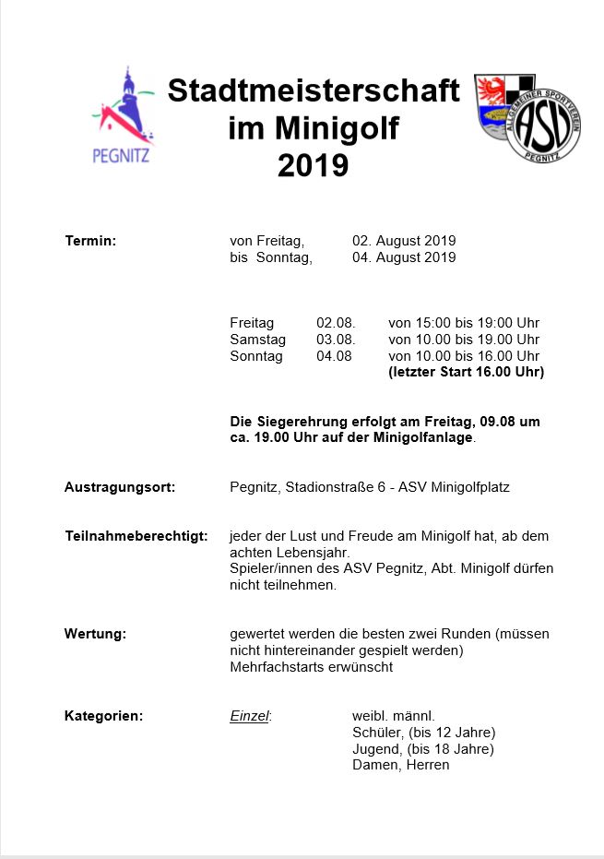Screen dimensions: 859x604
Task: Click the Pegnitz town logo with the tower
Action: coord(124,115)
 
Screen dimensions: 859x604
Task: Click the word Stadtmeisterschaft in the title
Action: coord(313,90)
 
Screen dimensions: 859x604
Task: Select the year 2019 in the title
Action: coord(313,165)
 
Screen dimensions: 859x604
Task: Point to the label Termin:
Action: coord(90,242)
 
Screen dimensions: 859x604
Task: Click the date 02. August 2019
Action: coord(404,242)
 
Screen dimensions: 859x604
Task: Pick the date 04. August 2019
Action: coord(404,257)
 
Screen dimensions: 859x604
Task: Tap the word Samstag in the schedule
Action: coord(257,340)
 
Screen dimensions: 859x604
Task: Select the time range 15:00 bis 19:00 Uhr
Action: coord(464,323)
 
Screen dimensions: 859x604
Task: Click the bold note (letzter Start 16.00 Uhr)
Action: coord(467,373)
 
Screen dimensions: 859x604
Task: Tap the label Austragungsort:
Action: coord(120,487)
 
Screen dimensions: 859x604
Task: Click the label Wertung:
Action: coord(95,634)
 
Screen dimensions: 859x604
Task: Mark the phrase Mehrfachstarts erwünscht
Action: coord(311,667)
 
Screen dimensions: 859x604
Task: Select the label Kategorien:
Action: coord(103,716)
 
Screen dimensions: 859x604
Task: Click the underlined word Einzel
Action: coord(249,716)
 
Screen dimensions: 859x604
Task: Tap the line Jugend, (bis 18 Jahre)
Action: coord(423,749)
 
